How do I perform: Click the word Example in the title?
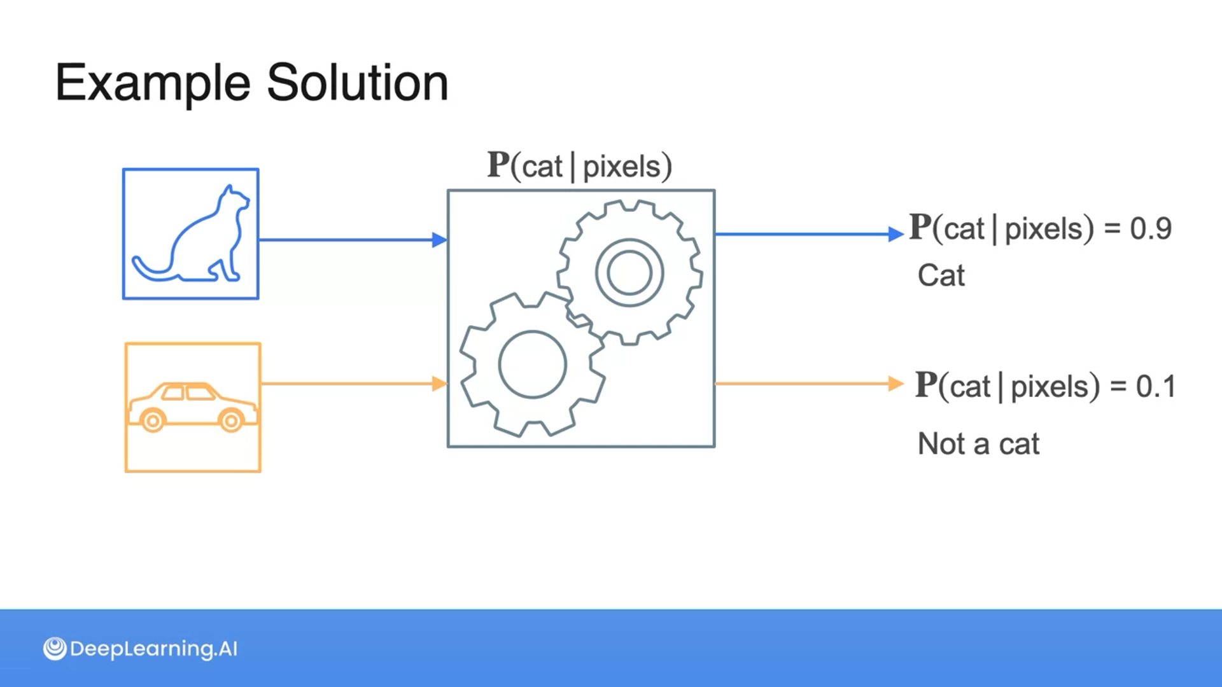pyautogui.click(x=153, y=83)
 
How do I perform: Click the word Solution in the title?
pyautogui.click(x=357, y=83)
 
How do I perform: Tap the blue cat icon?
pyautogui.click(x=191, y=234)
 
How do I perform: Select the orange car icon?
pyautogui.click(x=193, y=407)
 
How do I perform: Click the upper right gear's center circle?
pyautogui.click(x=629, y=272)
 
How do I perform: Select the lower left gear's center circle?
pyautogui.click(x=532, y=364)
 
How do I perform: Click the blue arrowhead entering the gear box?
pyautogui.click(x=439, y=240)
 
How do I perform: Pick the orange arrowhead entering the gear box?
pyautogui.click(x=439, y=384)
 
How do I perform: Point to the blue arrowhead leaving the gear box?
pyautogui.click(x=895, y=234)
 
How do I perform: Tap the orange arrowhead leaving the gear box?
pyautogui.click(x=895, y=384)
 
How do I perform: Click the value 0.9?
pyautogui.click(x=1150, y=228)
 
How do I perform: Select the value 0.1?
pyautogui.click(x=1155, y=387)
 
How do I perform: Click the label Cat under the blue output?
pyautogui.click(x=941, y=275)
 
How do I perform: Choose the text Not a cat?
pyautogui.click(x=978, y=443)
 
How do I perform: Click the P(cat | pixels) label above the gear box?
pyautogui.click(x=579, y=166)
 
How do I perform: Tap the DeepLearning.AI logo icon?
pyautogui.click(x=55, y=648)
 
